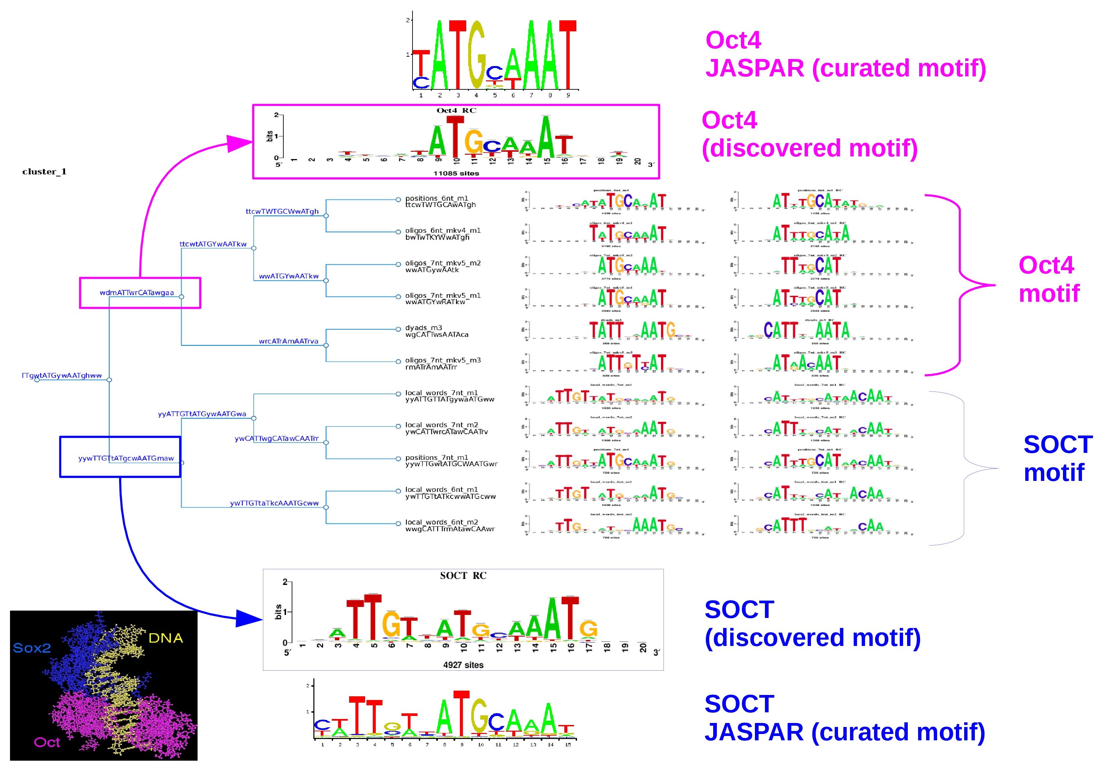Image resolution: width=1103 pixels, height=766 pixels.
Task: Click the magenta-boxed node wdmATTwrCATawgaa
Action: point(137,293)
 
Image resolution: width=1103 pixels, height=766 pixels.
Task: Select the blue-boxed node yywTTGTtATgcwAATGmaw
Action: point(126,458)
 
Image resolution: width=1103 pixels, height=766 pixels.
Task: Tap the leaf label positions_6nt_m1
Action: point(436,198)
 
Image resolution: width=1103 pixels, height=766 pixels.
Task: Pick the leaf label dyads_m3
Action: point(423,328)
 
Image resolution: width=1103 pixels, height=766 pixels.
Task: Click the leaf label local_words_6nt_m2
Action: point(441,522)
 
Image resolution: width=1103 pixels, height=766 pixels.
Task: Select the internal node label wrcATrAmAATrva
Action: point(288,341)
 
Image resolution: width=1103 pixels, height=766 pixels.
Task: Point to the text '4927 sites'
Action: point(463,665)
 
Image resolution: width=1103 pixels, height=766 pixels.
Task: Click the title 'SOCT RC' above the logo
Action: point(463,576)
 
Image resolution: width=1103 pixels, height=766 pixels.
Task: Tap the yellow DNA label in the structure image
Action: point(166,638)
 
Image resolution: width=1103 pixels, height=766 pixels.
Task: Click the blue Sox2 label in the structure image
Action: point(32,648)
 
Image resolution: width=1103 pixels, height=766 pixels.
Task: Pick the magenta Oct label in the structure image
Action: point(47,742)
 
